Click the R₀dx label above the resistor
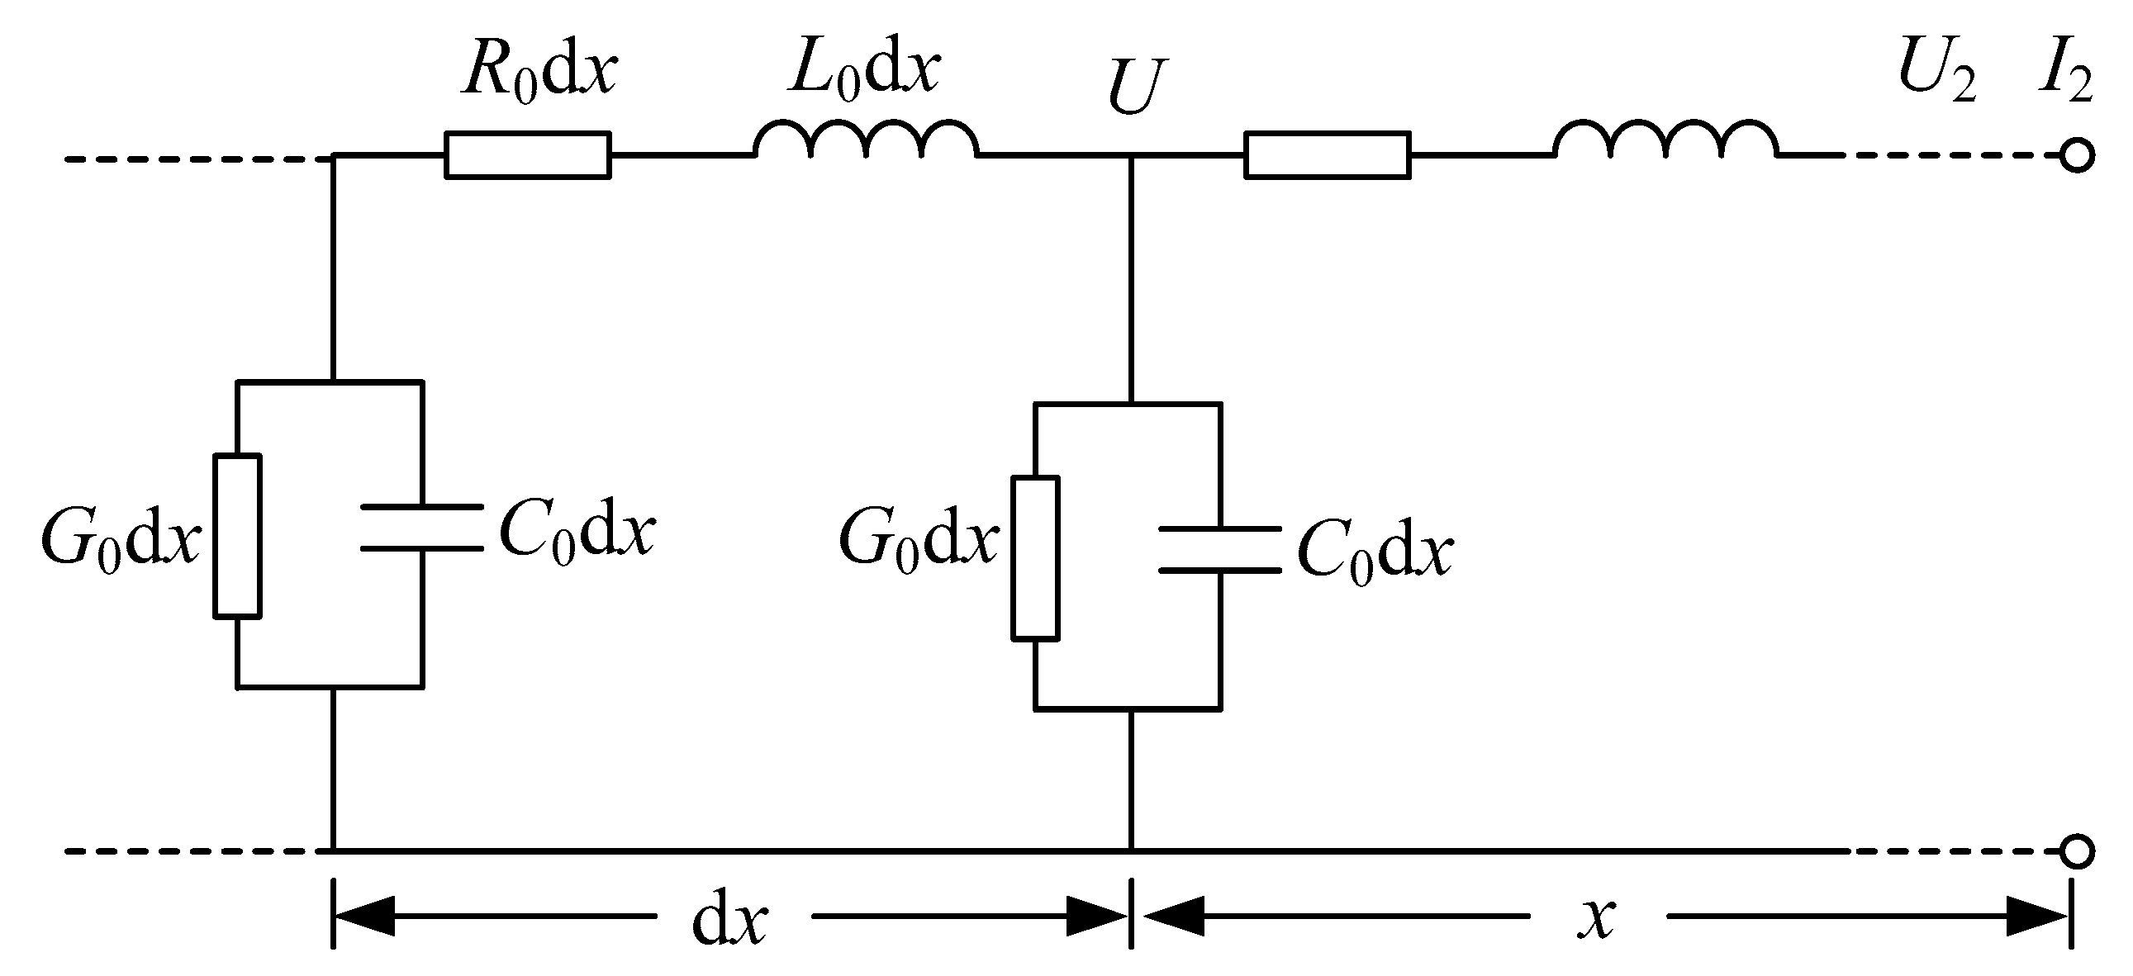coord(539,72)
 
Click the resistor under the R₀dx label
coord(527,154)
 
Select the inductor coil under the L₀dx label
coord(865,140)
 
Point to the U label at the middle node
coord(1136,88)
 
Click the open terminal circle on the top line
coord(2077,155)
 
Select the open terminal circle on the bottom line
coord(2077,851)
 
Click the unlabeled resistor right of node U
coord(1328,154)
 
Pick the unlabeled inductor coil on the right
coord(1665,140)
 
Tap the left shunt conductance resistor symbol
coord(238,536)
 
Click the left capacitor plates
coord(422,528)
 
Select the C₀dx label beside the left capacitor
coord(577,531)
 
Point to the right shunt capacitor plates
coord(1219,550)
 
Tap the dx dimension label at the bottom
coord(729,922)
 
